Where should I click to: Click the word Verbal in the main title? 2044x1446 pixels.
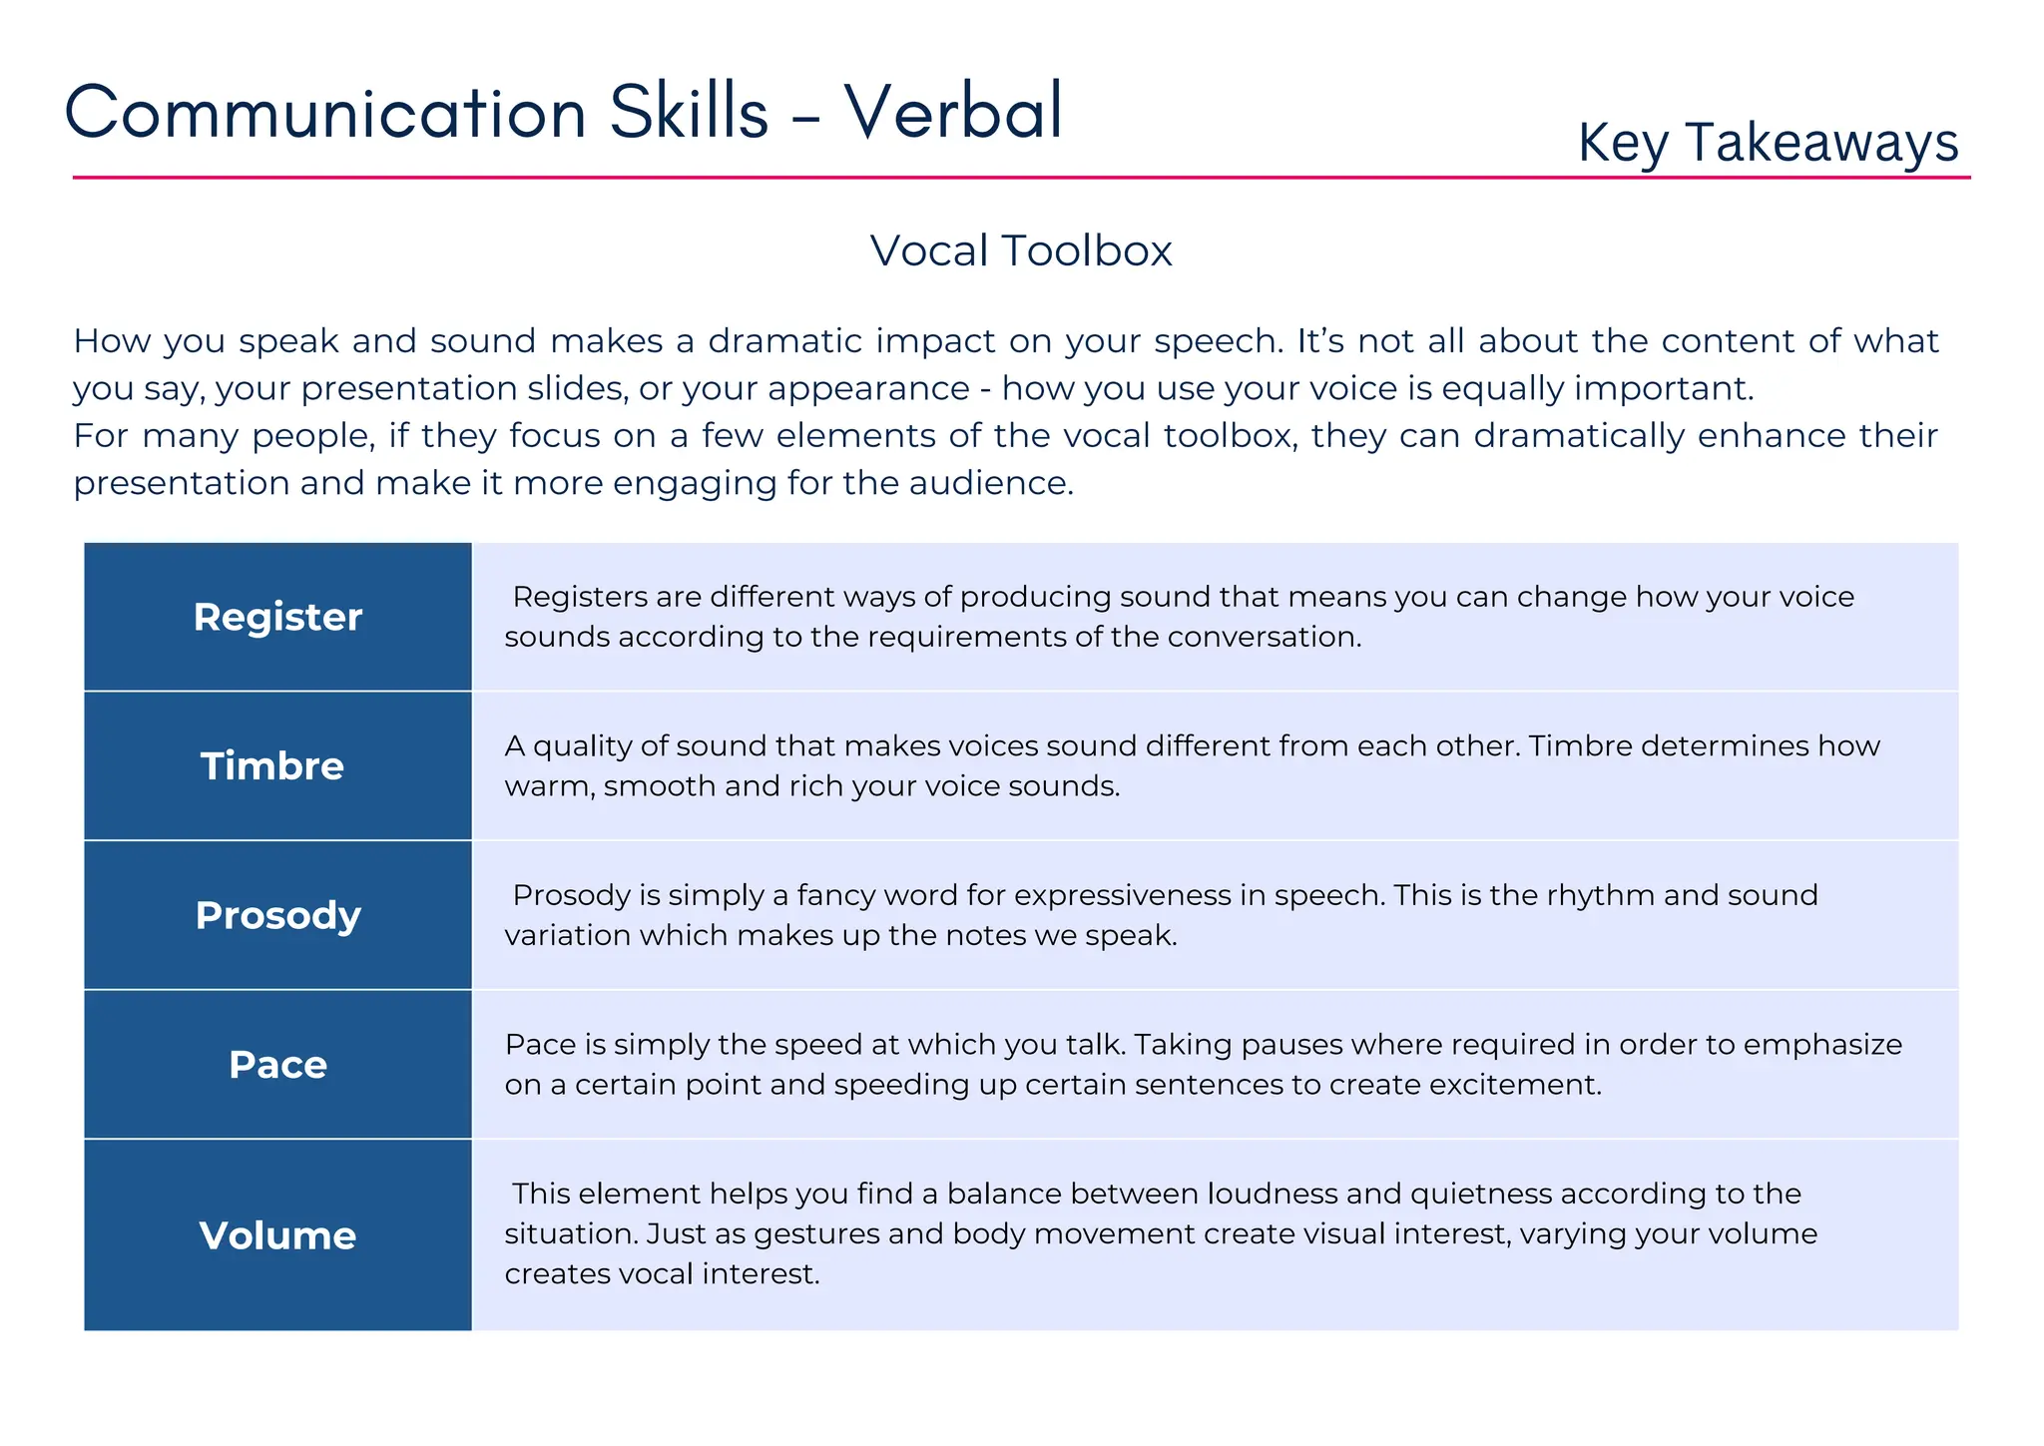click(x=953, y=111)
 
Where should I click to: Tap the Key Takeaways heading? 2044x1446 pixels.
click(x=1768, y=143)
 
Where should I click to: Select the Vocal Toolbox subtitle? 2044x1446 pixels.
click(x=1020, y=250)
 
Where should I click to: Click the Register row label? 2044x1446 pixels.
click(x=277, y=617)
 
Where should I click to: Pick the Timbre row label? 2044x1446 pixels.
click(x=272, y=766)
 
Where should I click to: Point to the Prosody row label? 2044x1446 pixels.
click(x=277, y=915)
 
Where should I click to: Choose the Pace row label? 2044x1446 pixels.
click(x=277, y=1065)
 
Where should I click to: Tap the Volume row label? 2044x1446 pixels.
click(x=277, y=1235)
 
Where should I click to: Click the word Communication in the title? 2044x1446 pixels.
click(x=325, y=111)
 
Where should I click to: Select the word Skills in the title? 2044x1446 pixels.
click(x=689, y=111)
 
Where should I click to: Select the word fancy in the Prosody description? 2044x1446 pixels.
click(x=837, y=895)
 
